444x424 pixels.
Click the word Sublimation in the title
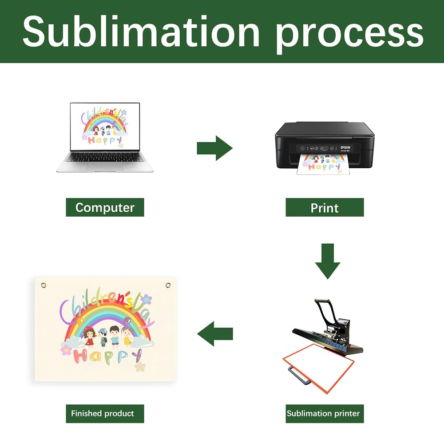(141, 31)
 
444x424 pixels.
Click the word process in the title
(349, 36)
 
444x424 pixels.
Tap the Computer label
(105, 207)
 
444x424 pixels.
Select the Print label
(325, 208)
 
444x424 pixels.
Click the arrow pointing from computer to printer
(214, 148)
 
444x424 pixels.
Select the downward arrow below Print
(328, 261)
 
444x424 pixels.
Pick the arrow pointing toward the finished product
(215, 333)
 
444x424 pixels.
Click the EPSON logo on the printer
(345, 147)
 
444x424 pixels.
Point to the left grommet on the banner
(44, 285)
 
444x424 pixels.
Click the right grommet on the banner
(168, 285)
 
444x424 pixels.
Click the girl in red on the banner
(89, 336)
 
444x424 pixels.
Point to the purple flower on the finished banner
(146, 299)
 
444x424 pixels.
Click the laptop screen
(105, 127)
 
